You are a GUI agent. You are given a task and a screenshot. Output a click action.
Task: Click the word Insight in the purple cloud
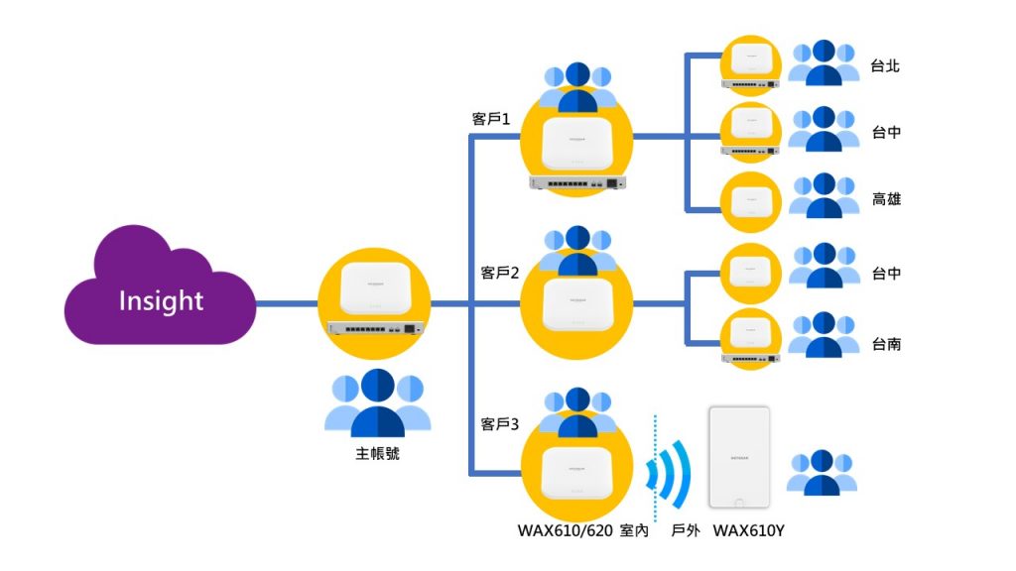point(161,300)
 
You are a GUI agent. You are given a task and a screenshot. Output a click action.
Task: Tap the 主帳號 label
point(377,454)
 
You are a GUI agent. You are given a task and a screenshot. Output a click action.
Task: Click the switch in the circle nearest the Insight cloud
point(376,327)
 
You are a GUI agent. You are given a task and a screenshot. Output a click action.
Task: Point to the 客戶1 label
point(490,119)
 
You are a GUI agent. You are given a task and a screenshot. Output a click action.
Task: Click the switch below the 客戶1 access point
point(577,182)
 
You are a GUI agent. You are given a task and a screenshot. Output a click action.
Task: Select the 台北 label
point(885,66)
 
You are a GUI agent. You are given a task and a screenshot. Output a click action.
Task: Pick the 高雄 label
point(885,199)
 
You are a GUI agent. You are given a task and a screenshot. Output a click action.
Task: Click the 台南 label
point(885,344)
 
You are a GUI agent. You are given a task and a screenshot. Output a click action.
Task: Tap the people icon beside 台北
point(824,62)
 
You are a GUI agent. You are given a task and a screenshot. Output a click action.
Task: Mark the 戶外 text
point(686,530)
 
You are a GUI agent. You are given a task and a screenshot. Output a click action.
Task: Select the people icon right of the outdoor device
point(823,472)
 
